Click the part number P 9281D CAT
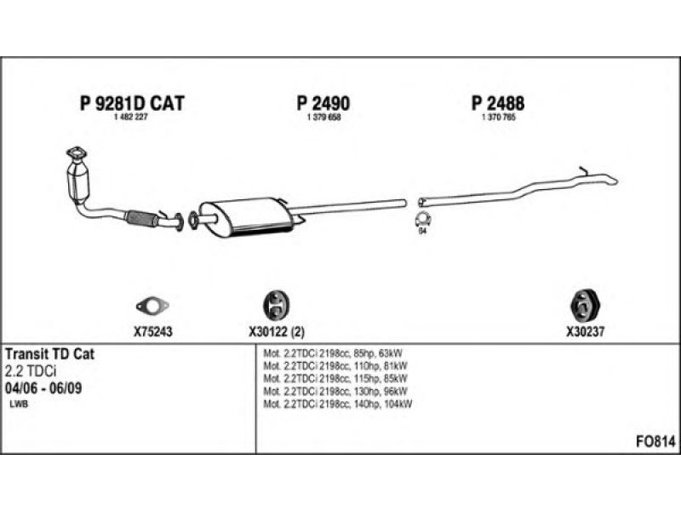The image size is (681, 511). tap(131, 104)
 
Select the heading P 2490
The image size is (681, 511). tap(323, 104)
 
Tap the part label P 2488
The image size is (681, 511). tap(498, 104)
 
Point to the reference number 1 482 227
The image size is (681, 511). tap(131, 117)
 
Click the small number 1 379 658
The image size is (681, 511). tap(323, 117)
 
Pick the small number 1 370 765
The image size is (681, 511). tap(498, 117)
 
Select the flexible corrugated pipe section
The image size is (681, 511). tap(141, 218)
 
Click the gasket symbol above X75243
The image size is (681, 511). tap(152, 305)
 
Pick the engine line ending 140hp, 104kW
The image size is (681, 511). tap(338, 404)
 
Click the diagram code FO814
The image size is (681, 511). tap(655, 441)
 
